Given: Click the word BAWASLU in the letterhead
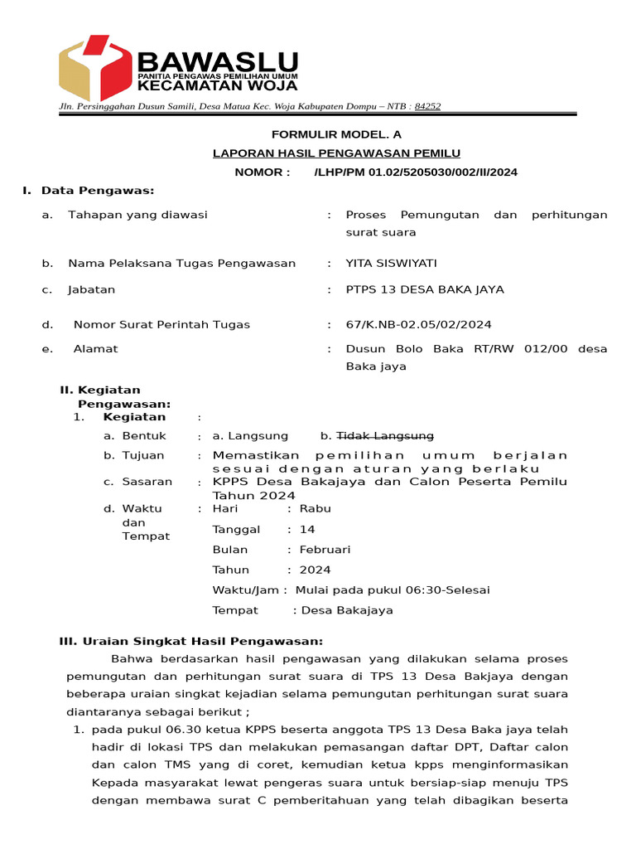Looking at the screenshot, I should click(217, 61).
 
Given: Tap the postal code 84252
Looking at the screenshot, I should click(427, 106).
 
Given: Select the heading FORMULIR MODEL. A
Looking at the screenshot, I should click(336, 133).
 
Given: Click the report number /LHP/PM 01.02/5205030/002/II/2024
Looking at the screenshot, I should click(416, 172).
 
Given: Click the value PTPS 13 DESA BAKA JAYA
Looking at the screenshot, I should click(425, 290).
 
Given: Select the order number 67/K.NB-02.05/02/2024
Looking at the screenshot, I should click(418, 324).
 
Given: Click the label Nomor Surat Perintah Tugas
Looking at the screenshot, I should click(161, 324).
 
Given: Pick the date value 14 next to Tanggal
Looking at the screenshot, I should click(307, 530).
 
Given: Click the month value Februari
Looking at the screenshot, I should click(325, 550).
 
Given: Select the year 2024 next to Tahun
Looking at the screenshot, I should click(315, 570).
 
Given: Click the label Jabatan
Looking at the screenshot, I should click(92, 290).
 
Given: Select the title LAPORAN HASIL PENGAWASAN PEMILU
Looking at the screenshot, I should click(336, 153).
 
